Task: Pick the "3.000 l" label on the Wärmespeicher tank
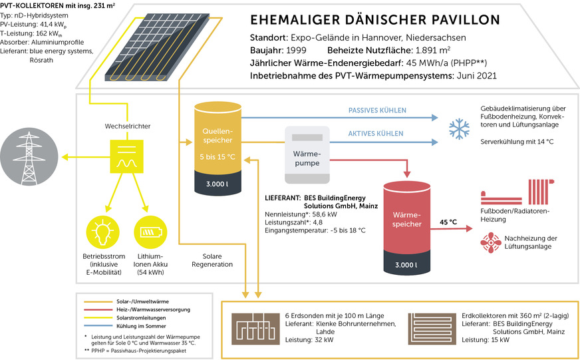407,265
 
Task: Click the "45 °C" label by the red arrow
449,222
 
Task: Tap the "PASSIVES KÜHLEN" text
377,110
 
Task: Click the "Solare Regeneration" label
217,260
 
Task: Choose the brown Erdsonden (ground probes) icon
256,328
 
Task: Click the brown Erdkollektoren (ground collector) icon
432,328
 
